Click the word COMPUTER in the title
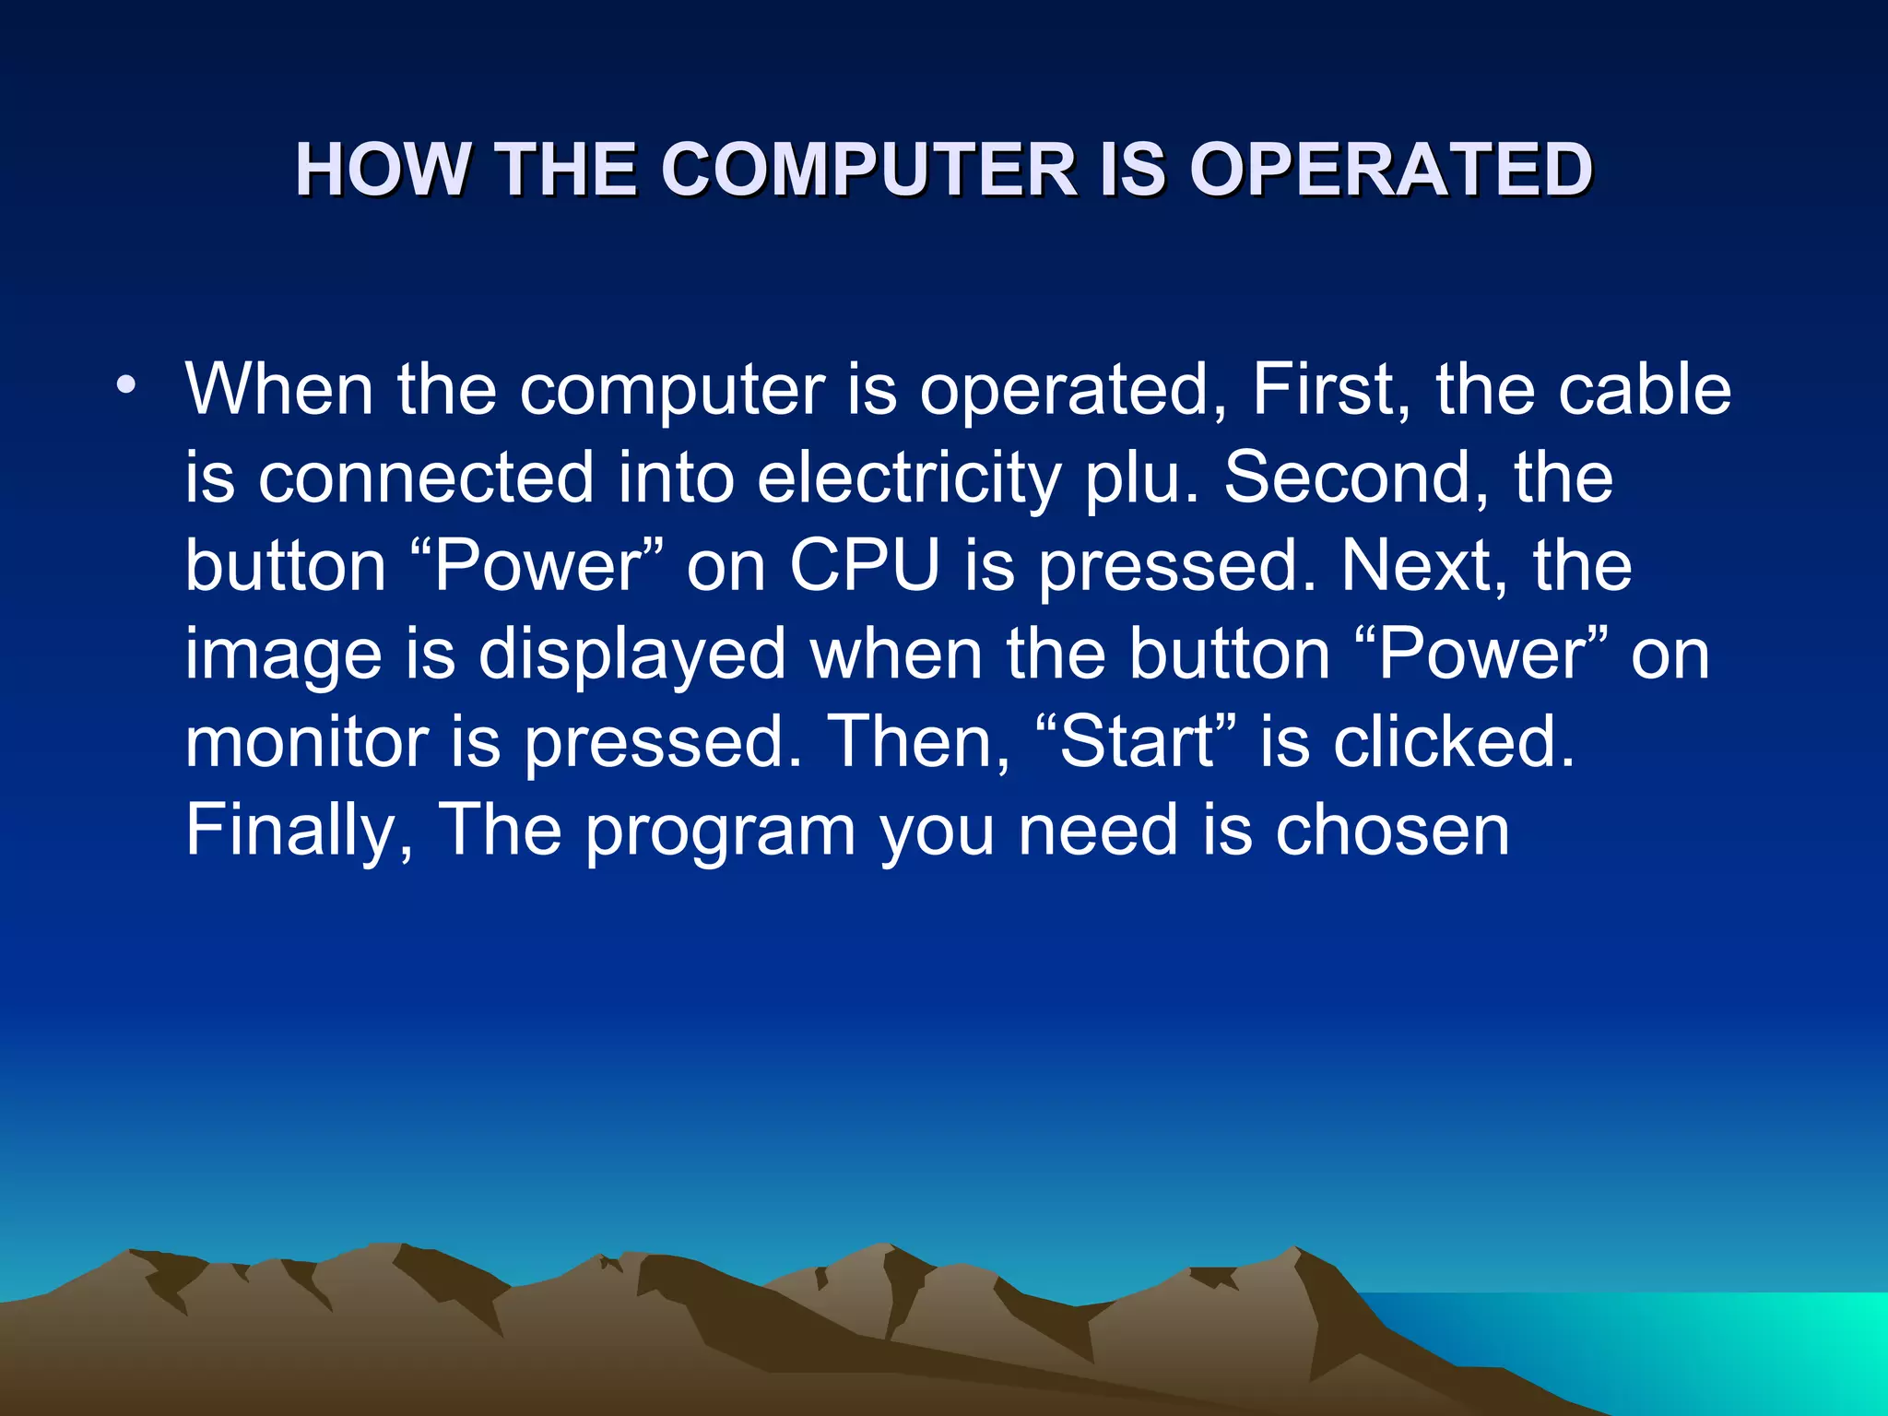click(870, 171)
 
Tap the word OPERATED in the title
click(1392, 171)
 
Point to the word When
click(279, 389)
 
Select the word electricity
click(909, 479)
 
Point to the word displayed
click(632, 655)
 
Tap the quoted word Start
click(1137, 742)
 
